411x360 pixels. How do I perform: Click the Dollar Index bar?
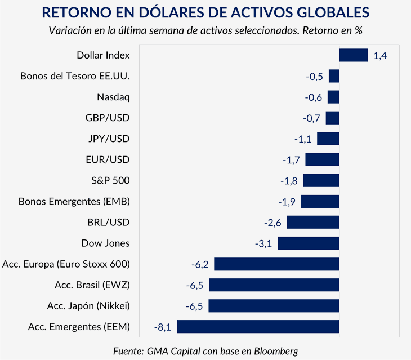[x=353, y=55]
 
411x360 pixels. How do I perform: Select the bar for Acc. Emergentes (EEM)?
[x=258, y=326]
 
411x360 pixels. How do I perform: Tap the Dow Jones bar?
[x=308, y=243]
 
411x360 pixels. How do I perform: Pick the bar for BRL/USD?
[x=312, y=222]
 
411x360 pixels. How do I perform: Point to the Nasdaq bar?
[x=333, y=97]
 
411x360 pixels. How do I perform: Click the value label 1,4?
[x=380, y=56]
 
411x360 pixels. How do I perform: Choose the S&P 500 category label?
[x=110, y=180]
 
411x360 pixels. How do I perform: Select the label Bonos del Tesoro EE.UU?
[x=75, y=76]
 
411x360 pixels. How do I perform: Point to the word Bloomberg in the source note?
[x=272, y=350]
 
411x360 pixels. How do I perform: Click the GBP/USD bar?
[x=332, y=118]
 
